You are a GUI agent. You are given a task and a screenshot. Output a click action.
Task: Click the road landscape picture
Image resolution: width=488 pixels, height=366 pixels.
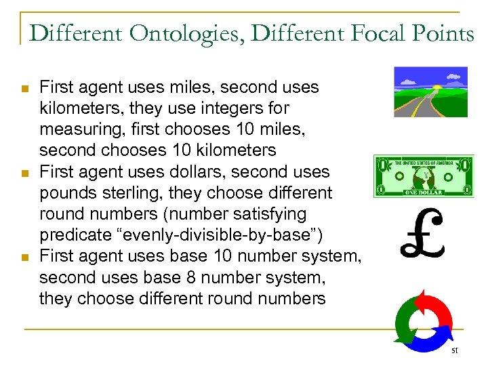[430, 91]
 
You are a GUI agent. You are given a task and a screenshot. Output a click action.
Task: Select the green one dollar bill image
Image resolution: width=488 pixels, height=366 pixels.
[422, 176]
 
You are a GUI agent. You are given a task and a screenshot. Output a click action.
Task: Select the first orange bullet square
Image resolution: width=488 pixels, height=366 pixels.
[24, 89]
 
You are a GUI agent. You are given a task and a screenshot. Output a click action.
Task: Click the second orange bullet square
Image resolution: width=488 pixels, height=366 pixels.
[24, 174]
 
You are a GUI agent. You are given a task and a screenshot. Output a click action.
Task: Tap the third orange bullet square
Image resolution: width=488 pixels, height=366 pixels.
[24, 258]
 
